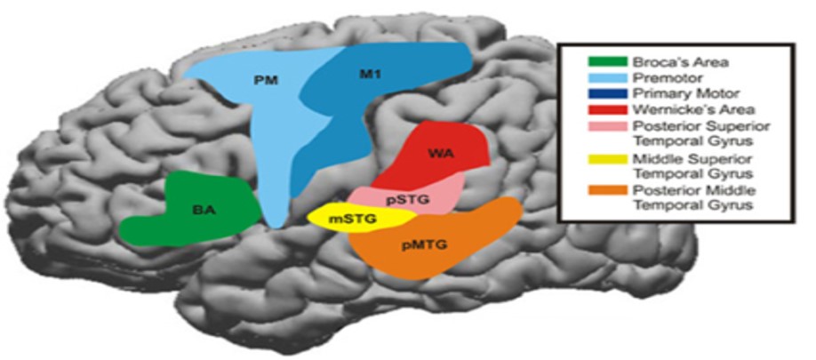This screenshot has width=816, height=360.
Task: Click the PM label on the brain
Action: (270, 81)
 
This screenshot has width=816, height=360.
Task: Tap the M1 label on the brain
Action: (370, 75)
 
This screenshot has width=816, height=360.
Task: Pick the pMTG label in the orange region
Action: (424, 245)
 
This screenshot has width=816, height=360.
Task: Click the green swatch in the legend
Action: (607, 62)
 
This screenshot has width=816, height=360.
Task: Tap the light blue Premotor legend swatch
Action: (607, 78)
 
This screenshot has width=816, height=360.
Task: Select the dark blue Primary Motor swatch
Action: (607, 94)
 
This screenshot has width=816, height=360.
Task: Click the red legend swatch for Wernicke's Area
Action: (607, 110)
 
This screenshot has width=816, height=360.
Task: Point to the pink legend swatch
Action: (607, 126)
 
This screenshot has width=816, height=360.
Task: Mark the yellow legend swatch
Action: (607, 159)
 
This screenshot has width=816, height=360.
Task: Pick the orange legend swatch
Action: (607, 190)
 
